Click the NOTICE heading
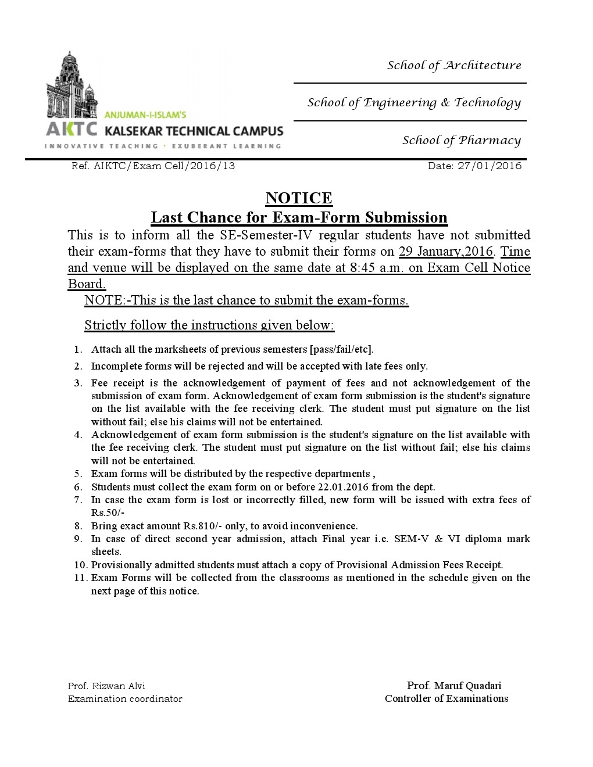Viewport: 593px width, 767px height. (299, 198)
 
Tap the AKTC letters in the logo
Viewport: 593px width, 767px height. (72, 129)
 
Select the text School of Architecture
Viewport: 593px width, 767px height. (454, 65)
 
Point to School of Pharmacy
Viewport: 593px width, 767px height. (462, 140)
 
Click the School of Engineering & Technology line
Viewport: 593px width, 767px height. (414, 103)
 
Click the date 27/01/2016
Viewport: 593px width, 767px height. (490, 166)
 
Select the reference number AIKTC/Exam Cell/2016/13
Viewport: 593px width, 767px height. (165, 166)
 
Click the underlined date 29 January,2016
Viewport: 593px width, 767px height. (446, 252)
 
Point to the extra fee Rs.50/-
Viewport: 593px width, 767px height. (108, 512)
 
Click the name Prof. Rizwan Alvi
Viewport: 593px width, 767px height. (106, 686)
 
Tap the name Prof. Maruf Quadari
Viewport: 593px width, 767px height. (454, 686)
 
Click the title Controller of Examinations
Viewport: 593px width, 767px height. (446, 698)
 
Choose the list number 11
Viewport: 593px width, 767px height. (80, 578)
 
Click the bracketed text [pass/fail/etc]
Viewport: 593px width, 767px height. (341, 349)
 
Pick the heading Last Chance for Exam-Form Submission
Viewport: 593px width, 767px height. (299, 217)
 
